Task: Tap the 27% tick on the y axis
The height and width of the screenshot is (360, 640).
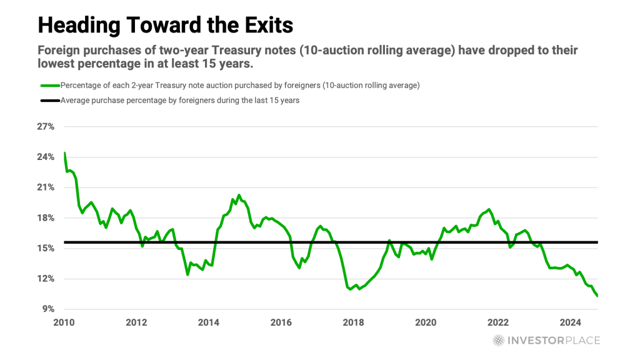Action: (x=46, y=126)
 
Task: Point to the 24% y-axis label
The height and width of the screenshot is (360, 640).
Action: (x=46, y=157)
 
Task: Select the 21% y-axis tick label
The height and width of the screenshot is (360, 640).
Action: (x=46, y=187)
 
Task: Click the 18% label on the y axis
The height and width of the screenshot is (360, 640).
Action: (x=46, y=217)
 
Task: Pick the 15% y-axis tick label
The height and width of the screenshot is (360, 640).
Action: (x=46, y=248)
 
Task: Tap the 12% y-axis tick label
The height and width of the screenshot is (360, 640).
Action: (x=46, y=279)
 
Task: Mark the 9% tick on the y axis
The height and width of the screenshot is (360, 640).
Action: (x=49, y=309)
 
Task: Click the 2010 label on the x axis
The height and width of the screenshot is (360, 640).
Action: (x=64, y=322)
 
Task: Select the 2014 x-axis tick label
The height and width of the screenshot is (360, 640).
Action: (x=209, y=322)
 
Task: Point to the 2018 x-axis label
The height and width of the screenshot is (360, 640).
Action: (x=354, y=322)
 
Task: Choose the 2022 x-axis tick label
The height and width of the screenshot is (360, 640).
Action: (x=498, y=322)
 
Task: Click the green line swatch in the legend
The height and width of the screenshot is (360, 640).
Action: (x=49, y=85)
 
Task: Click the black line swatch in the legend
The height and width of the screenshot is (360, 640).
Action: (x=49, y=101)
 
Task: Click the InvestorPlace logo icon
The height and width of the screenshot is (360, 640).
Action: (x=498, y=341)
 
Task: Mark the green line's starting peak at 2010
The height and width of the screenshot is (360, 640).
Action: (x=64, y=153)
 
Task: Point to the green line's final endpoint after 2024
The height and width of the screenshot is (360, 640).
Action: (x=597, y=296)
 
